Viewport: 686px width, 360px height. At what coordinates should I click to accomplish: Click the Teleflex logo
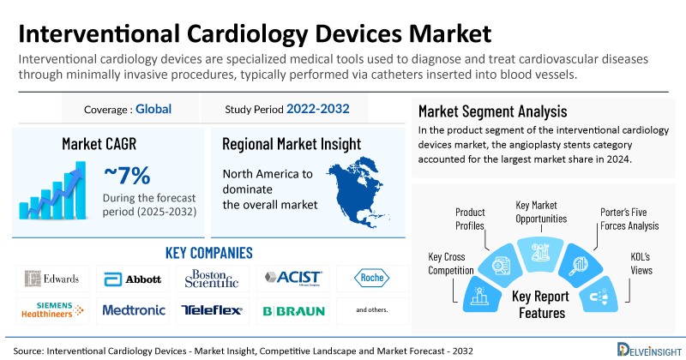[x=210, y=310]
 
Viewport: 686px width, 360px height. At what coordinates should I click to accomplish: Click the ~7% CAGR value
[x=127, y=177]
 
